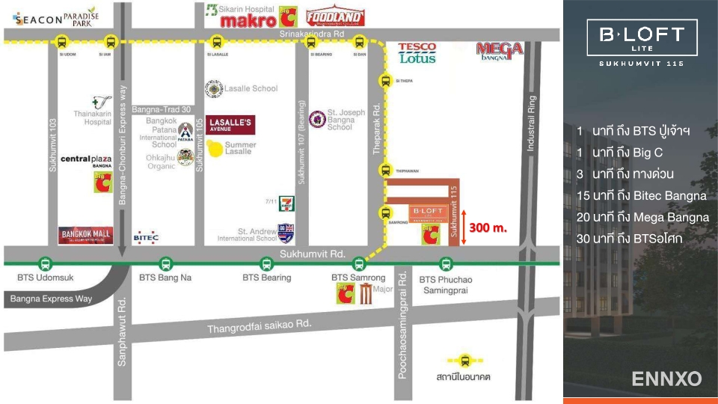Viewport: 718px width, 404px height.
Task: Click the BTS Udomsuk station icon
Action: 46,263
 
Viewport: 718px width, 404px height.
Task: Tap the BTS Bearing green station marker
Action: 267,263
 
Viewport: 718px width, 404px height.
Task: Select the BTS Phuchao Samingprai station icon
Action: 446,263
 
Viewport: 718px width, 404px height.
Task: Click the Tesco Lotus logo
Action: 417,52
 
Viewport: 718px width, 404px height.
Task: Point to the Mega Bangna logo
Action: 500,51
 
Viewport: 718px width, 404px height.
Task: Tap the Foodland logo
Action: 335,16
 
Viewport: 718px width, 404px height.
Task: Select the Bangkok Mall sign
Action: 86,236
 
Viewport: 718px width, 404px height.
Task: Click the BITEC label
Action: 146,237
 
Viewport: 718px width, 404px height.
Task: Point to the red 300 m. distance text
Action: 488,227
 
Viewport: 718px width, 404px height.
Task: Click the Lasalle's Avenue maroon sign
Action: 231,125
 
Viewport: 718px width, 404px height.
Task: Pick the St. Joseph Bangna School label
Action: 346,120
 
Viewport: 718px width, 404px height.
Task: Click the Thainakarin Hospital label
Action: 97,117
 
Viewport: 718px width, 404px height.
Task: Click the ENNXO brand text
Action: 666,379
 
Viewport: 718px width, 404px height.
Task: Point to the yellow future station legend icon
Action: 464,361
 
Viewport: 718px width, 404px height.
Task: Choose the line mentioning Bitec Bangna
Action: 641,195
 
